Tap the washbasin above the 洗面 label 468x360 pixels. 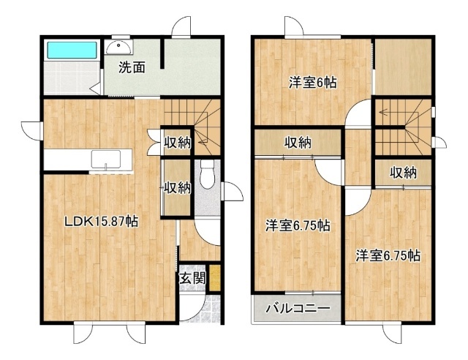(118, 47)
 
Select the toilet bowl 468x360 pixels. (207, 174)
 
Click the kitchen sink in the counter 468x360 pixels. (106, 160)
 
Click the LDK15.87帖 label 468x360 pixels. (102, 222)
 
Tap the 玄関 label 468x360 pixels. (192, 279)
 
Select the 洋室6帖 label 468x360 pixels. (312, 82)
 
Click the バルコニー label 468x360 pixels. (298, 308)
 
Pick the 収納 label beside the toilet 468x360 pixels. (177, 188)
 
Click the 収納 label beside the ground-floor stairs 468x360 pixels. (178, 143)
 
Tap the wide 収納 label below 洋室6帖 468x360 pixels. (298, 143)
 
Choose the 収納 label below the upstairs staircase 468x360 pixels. (404, 173)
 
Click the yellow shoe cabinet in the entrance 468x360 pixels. (215, 277)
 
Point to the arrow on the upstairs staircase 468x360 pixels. (388, 113)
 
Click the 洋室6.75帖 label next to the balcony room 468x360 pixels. (298, 225)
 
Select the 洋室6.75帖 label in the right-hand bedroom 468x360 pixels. (388, 256)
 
